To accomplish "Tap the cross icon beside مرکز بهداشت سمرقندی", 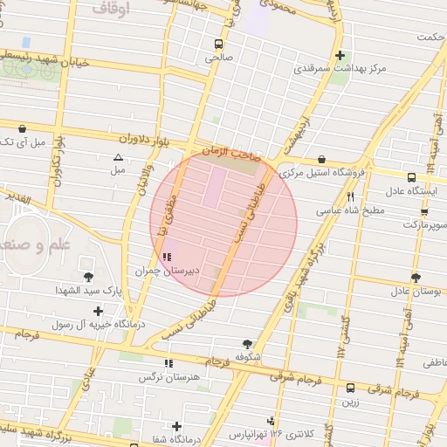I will [340, 54].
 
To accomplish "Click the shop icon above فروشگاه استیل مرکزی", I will [323, 160].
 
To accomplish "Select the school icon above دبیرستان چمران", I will [167, 257].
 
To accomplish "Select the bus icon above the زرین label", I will [351, 389].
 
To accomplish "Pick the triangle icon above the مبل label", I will [118, 157].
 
